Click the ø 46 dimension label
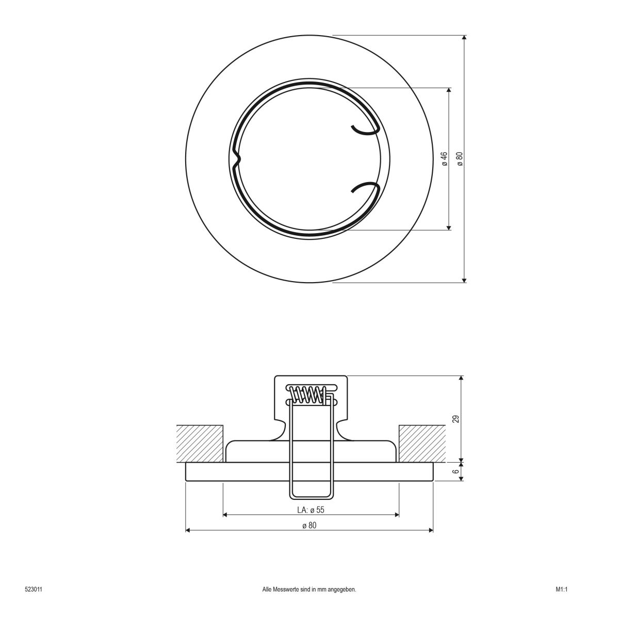pos(444,158)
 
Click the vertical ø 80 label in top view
pos(459,158)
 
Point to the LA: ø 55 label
pos(311,510)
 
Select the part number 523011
pos(33,589)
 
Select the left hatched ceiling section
pos(200,443)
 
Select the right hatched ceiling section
pos(422,443)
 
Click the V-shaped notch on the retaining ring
pos(236,159)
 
